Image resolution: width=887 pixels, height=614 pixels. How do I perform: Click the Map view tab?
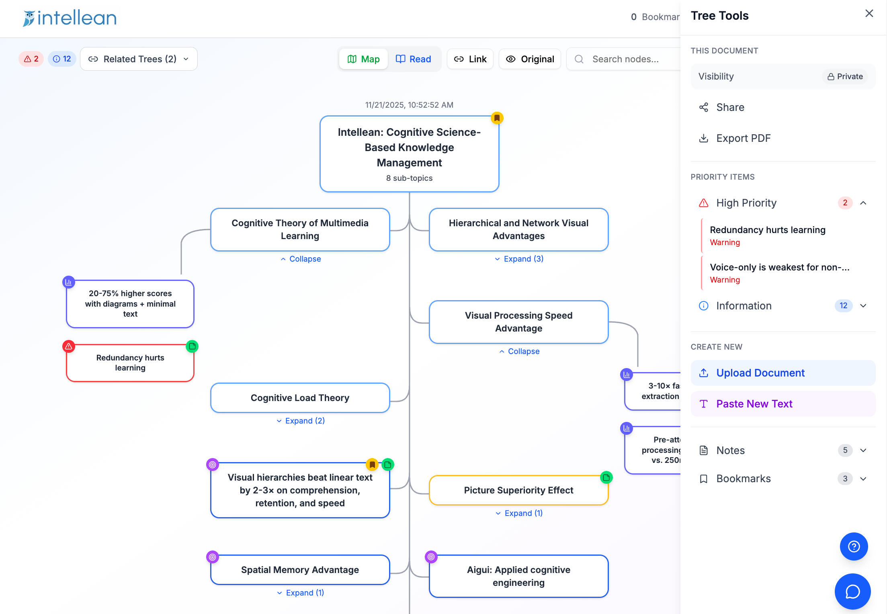[363, 59]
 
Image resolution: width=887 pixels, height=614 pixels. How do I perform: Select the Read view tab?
[414, 59]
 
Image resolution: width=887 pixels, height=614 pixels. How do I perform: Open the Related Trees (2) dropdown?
[139, 59]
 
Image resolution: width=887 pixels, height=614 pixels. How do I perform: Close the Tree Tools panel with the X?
[869, 14]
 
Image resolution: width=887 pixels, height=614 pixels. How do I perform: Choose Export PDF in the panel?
[735, 138]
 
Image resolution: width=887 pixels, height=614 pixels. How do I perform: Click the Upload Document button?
[783, 373]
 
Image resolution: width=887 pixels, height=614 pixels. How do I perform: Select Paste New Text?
[783, 404]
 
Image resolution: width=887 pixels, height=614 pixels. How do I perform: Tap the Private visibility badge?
[845, 76]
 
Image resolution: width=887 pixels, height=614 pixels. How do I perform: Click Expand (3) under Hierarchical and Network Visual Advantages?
[519, 259]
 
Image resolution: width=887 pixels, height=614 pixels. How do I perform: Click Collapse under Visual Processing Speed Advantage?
[519, 351]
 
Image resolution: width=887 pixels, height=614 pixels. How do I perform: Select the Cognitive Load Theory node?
[300, 398]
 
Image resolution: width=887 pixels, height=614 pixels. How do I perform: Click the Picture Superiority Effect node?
[518, 490]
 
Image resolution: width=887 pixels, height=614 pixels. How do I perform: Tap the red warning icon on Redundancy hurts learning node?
[69, 346]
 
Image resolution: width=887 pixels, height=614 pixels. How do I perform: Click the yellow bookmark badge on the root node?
[497, 118]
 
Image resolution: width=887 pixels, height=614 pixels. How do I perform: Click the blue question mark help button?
[854, 546]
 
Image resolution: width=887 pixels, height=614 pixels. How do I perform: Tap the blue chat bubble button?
[853, 591]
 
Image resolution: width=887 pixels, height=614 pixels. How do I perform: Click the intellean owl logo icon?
[29, 18]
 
